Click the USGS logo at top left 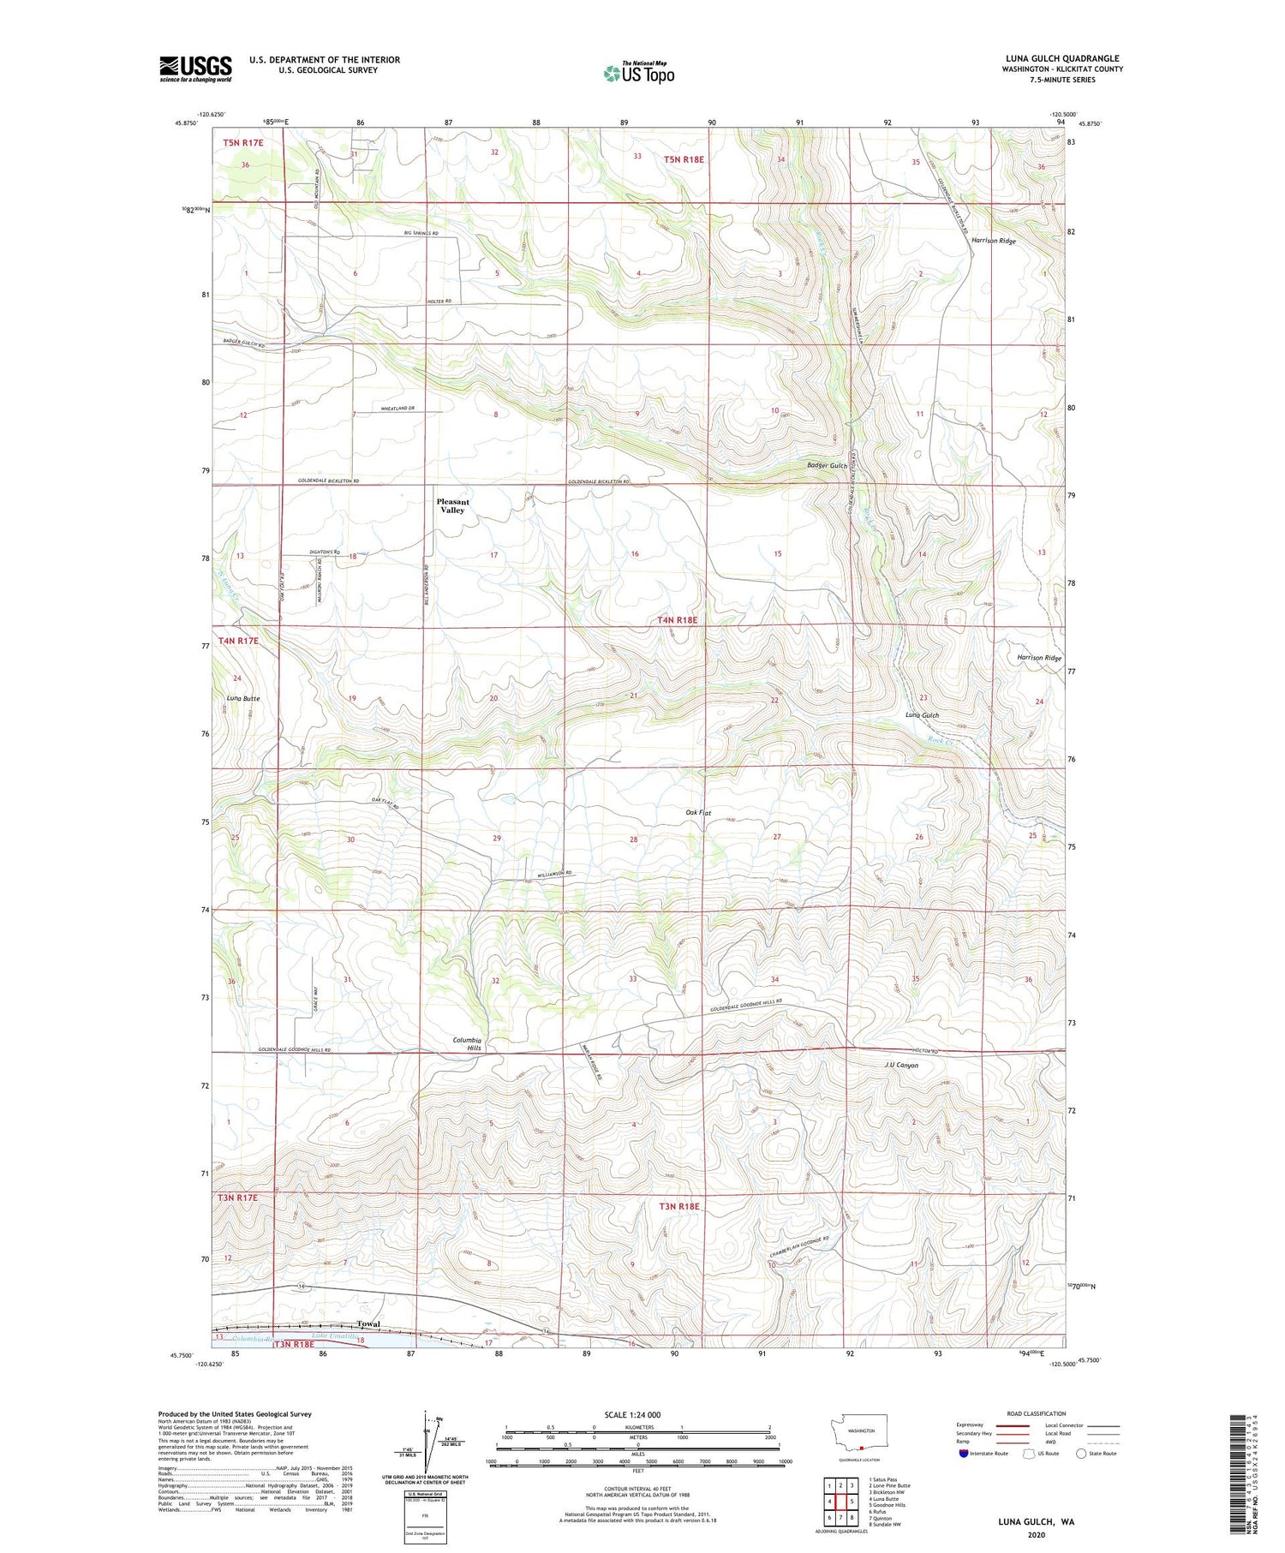pos(195,69)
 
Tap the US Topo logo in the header pos(638,73)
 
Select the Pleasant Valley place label pos(452,505)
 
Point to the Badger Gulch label pos(827,465)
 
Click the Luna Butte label pos(243,698)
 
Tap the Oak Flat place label pos(698,812)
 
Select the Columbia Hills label pos(468,1043)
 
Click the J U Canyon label pos(901,1066)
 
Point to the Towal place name pos(368,1323)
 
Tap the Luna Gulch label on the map pos(923,714)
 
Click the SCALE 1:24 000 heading pos(632,1414)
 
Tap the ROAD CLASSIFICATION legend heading pos(1037,1413)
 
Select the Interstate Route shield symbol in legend pos(964,1453)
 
